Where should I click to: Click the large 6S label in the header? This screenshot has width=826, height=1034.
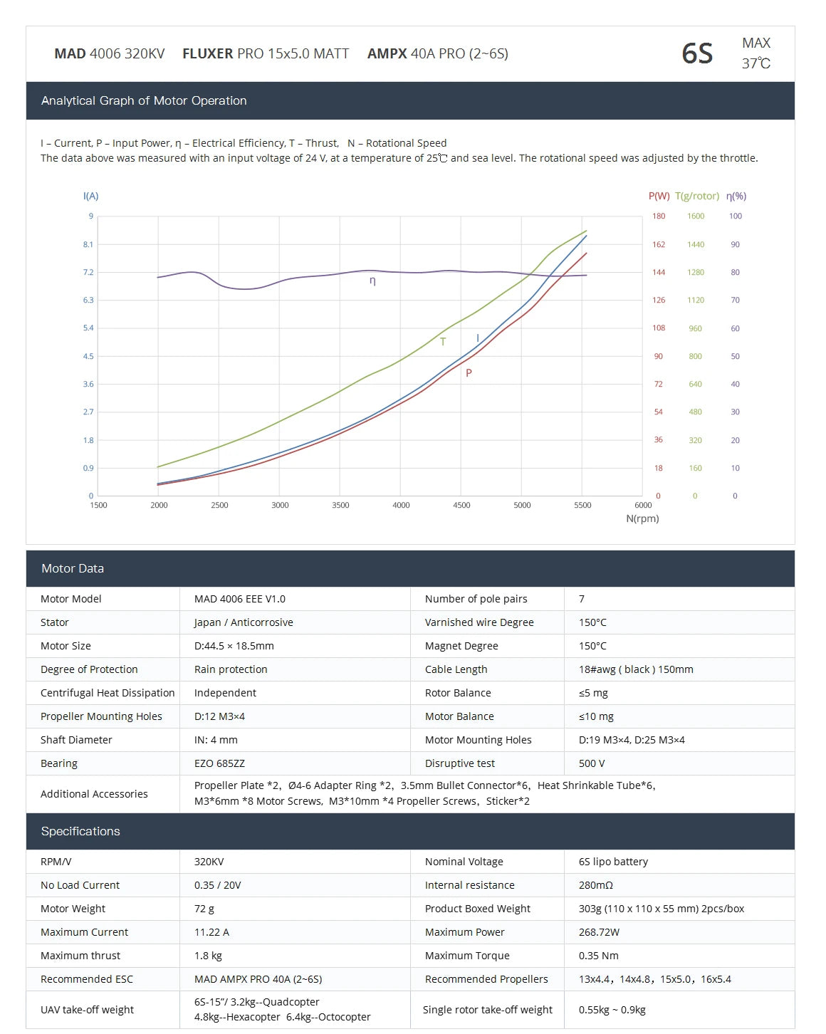(696, 53)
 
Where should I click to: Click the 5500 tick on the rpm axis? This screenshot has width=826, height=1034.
(582, 505)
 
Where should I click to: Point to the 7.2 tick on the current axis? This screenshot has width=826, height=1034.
(88, 272)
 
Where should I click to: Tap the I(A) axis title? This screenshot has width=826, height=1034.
(90, 196)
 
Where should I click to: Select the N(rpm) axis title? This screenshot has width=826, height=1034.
(642, 518)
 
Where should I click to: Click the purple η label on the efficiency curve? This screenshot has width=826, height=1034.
(372, 281)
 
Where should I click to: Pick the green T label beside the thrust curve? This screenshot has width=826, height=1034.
(443, 342)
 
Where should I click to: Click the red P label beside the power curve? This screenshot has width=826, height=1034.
(469, 372)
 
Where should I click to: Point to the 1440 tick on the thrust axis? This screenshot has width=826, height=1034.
(696, 244)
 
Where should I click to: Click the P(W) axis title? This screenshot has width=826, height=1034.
(659, 196)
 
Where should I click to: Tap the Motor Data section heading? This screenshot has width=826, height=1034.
(73, 568)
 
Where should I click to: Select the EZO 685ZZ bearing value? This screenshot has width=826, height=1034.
(219, 763)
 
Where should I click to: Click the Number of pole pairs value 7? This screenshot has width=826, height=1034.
(582, 599)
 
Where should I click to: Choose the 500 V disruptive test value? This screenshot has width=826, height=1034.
(592, 763)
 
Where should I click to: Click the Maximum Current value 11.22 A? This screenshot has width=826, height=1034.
(211, 932)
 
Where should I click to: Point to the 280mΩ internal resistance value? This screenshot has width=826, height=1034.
(596, 885)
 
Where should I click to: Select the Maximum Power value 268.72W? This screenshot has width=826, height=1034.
(600, 932)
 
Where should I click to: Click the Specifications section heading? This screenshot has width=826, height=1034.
(80, 831)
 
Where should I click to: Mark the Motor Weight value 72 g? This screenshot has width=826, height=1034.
(204, 909)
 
